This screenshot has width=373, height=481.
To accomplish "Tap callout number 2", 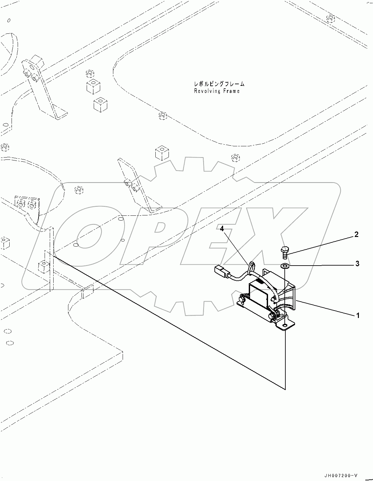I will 356,234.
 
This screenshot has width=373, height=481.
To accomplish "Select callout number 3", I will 357,264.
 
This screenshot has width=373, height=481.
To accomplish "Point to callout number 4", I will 222,229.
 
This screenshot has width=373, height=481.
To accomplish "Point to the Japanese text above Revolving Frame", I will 219,84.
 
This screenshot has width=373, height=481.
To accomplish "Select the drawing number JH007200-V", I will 345,476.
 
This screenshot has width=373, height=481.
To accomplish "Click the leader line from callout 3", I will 321,265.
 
